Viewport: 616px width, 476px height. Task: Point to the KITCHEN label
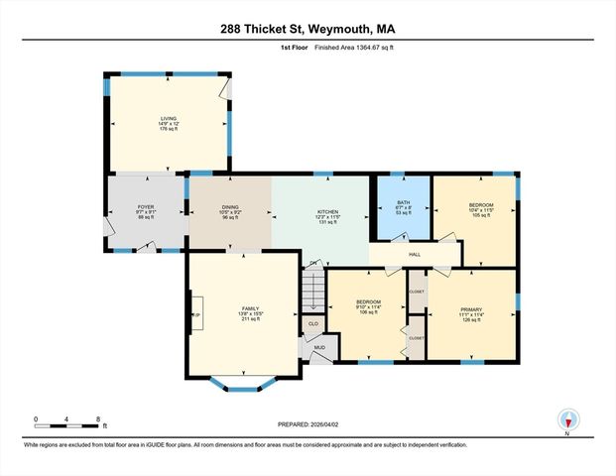tap(327, 211)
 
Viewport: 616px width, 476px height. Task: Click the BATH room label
tap(403, 203)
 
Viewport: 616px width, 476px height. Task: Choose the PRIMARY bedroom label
tap(471, 308)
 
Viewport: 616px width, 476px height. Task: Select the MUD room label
tap(319, 347)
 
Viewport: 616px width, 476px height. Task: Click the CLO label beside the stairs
tap(312, 323)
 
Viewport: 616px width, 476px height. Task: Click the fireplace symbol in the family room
tap(196, 315)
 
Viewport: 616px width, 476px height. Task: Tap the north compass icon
tap(567, 419)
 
